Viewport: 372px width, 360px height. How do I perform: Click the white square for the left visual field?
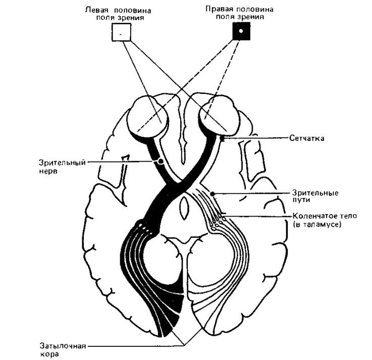(x=121, y=33)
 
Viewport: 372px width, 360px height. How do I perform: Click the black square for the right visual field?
(x=241, y=31)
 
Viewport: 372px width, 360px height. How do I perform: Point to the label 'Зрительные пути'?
(x=315, y=196)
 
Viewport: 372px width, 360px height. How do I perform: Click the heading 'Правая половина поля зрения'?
(x=241, y=13)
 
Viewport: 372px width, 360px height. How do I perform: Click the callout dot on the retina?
(x=222, y=137)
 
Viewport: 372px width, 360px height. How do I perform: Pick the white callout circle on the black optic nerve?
(x=161, y=161)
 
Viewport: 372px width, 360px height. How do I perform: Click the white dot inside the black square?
(x=241, y=31)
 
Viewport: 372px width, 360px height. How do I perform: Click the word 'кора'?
(x=47, y=355)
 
